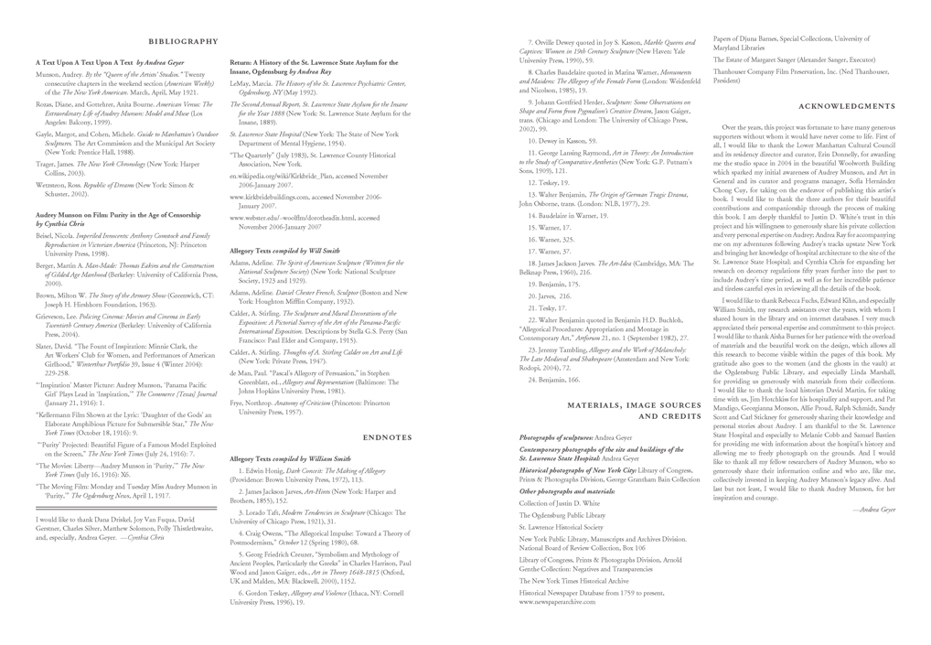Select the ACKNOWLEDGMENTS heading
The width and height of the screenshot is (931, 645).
[x=846, y=106]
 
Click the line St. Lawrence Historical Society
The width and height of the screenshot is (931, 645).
[x=562, y=528]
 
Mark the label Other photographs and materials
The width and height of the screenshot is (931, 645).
[x=567, y=491]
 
